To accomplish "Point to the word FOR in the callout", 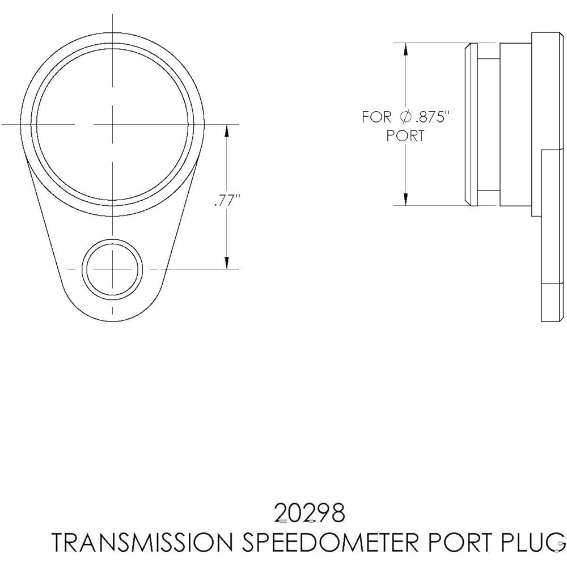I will pyautogui.click(x=377, y=117).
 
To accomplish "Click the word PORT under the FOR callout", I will pyautogui.click(x=405, y=136).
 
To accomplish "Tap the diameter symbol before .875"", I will pyautogui.click(x=406, y=117).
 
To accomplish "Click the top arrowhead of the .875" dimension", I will pyautogui.click(x=405, y=49).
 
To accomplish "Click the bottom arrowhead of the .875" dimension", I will pyautogui.click(x=405, y=199).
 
